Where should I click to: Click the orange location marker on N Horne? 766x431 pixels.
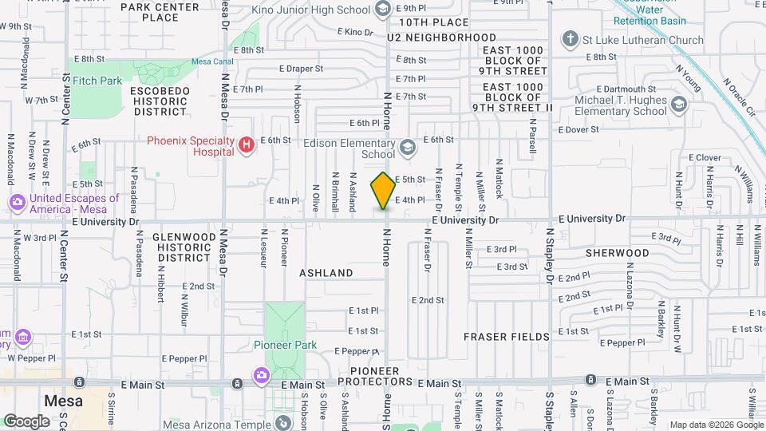[x=383, y=191]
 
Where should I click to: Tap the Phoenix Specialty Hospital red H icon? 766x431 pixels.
[x=247, y=144]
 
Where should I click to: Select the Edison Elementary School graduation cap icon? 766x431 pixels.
[x=407, y=146]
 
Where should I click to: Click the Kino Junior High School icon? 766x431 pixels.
[x=382, y=10]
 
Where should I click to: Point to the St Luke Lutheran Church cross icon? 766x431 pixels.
[x=570, y=39]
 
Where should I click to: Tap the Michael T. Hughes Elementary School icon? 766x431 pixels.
[x=678, y=105]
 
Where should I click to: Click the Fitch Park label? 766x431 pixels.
[x=97, y=81]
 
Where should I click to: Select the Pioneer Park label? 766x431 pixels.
[x=285, y=345]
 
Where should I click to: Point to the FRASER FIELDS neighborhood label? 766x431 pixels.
[x=507, y=337]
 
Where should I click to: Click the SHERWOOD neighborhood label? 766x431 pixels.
[x=617, y=252]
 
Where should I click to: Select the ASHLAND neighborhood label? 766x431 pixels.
[x=326, y=273]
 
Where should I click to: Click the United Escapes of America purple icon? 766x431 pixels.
[x=18, y=203]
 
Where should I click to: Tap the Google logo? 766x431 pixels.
[x=26, y=421]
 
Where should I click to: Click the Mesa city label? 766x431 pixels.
[x=64, y=401]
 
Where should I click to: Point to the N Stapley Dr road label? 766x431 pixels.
[x=550, y=255]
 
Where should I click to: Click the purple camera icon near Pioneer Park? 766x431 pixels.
[x=261, y=374]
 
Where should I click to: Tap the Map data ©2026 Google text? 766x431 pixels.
[x=715, y=425]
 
